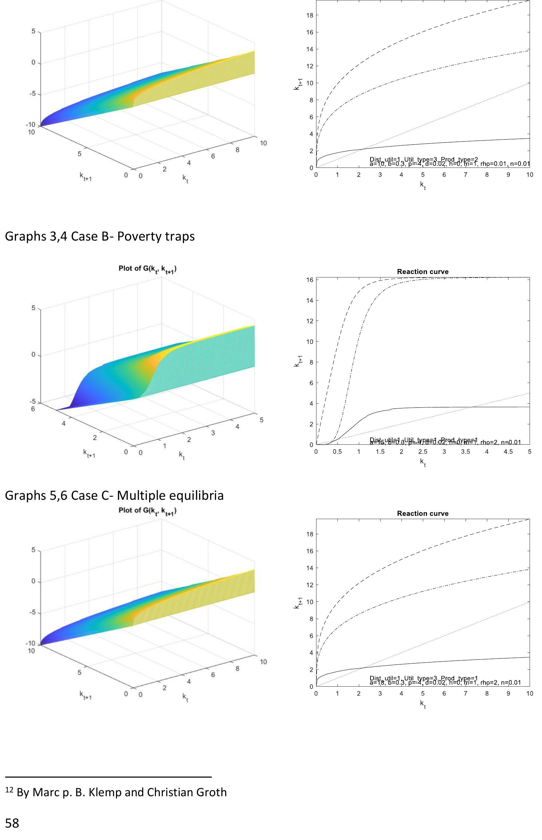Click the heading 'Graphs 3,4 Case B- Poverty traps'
click(x=100, y=236)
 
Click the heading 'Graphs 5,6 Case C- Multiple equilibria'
click(x=114, y=496)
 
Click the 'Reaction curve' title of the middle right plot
click(x=423, y=272)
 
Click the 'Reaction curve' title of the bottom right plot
click(x=423, y=514)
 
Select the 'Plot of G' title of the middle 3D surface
click(x=147, y=270)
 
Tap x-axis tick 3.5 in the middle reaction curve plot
click(x=465, y=452)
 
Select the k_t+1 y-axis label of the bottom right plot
click(x=297, y=603)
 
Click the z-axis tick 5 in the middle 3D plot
click(x=33, y=308)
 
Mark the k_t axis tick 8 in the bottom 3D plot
click(x=237, y=668)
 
